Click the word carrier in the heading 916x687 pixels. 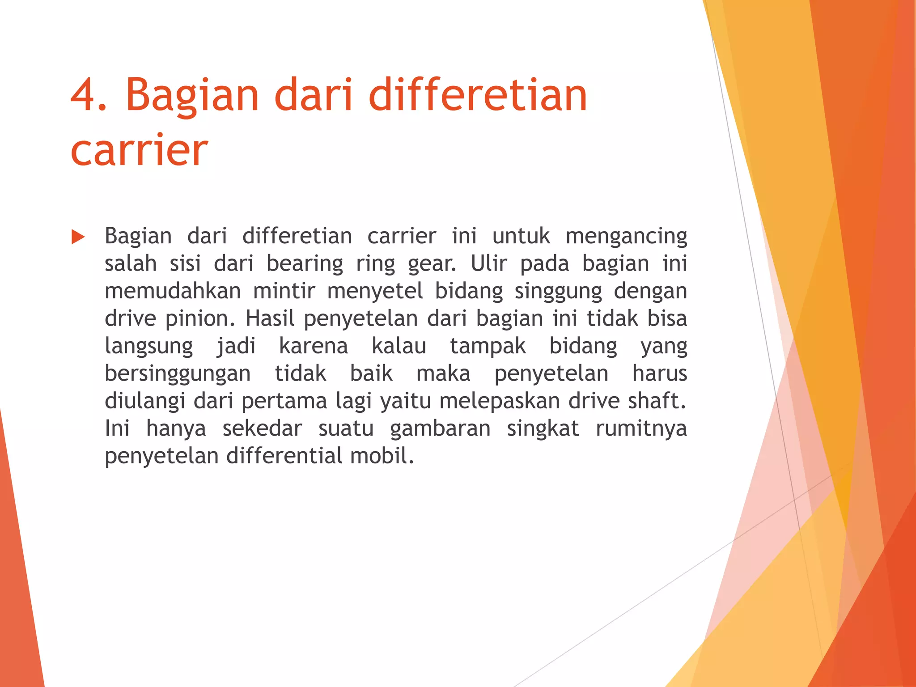point(139,150)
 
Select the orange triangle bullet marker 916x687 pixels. point(78,237)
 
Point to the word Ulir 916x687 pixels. point(488,264)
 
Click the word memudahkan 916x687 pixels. point(173,291)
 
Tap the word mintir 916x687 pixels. point(284,291)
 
